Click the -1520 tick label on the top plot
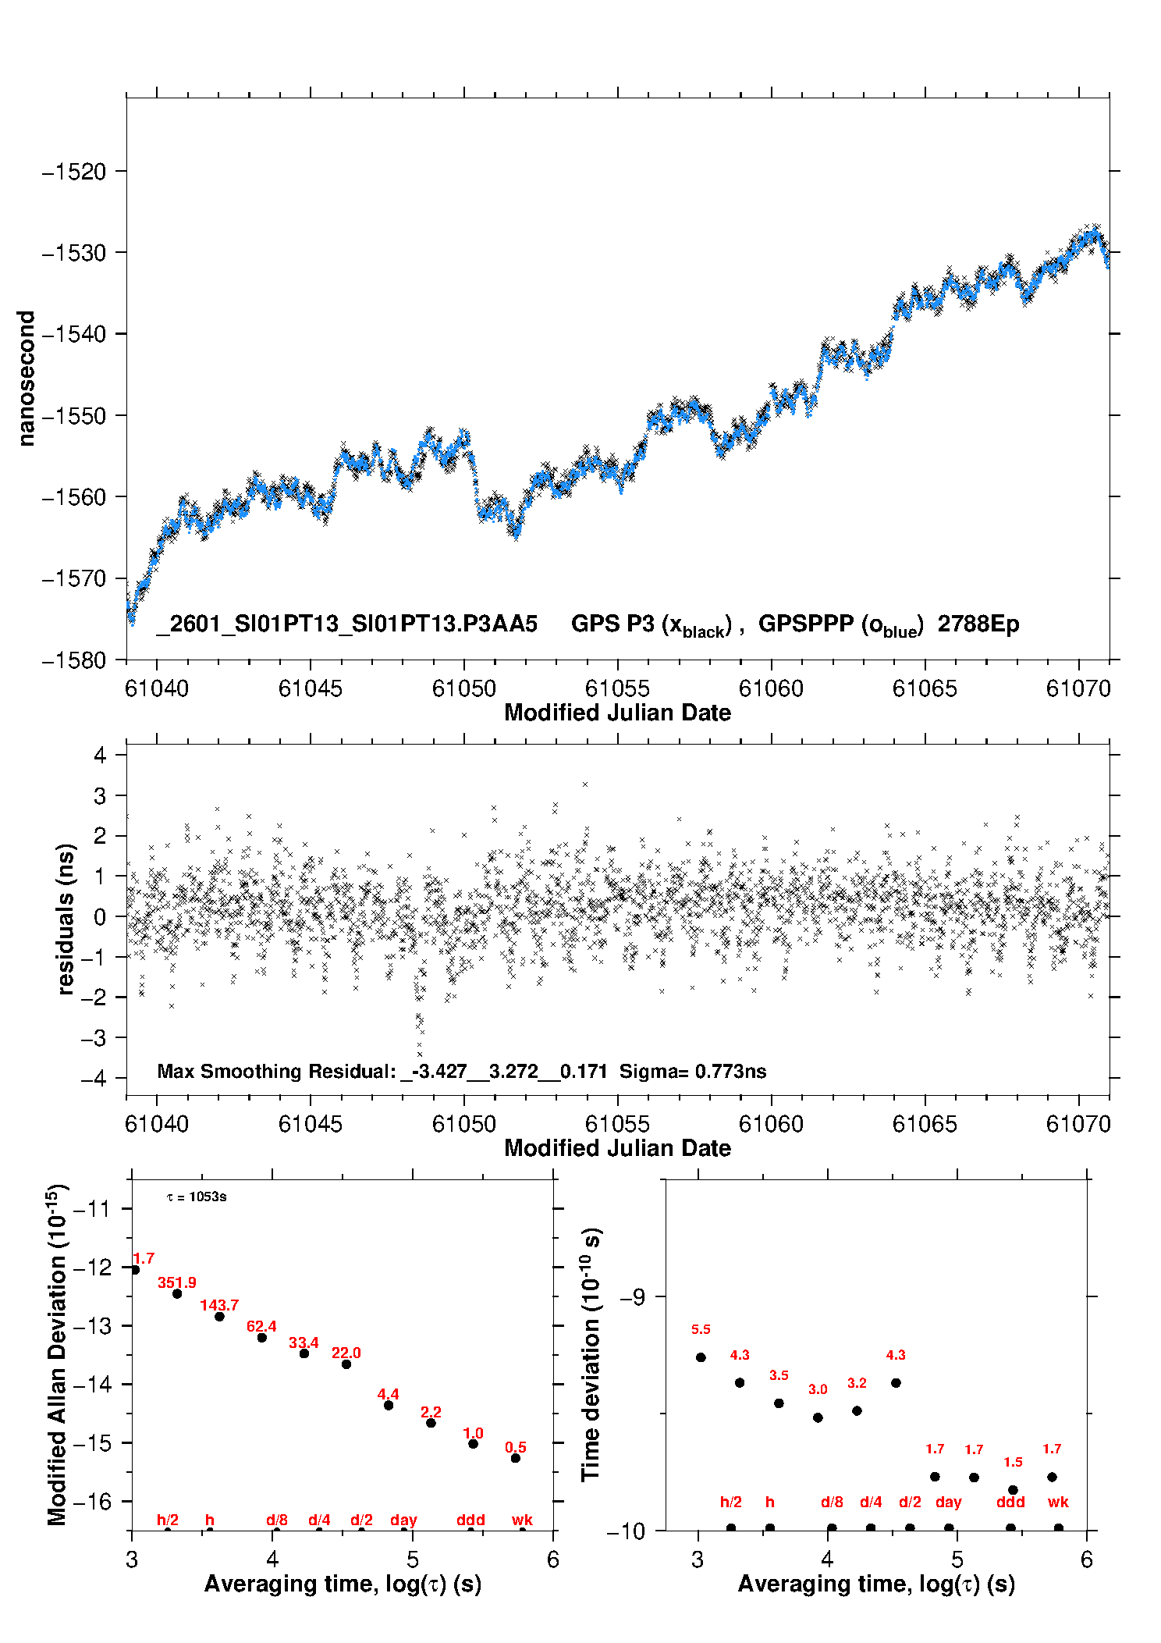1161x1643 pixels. pyautogui.click(x=74, y=172)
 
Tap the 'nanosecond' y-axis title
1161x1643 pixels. pyautogui.click(x=27, y=379)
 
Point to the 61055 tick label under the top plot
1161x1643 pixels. pyautogui.click(x=617, y=688)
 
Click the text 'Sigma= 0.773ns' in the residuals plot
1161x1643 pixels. pyautogui.click(x=693, y=1071)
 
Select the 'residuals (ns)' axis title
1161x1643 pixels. pyautogui.click(x=66, y=919)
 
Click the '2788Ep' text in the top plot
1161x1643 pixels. pyautogui.click(x=978, y=624)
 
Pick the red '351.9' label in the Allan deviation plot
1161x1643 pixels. pyautogui.click(x=177, y=1282)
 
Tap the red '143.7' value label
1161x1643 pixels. pyautogui.click(x=219, y=1305)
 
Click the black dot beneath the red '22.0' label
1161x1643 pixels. pyautogui.click(x=346, y=1364)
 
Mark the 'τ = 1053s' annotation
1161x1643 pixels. pyautogui.click(x=197, y=1197)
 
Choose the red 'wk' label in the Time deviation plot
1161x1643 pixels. pyautogui.click(x=1058, y=1502)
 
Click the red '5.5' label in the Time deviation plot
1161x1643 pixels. pyautogui.click(x=701, y=1329)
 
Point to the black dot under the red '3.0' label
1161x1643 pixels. pyautogui.click(x=818, y=1417)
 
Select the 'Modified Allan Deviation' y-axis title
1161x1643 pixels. pyautogui.click(x=57, y=1354)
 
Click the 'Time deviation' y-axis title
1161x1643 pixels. pyautogui.click(x=591, y=1354)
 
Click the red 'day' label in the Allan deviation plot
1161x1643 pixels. pyautogui.click(x=403, y=1520)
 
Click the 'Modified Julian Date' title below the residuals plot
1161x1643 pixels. pyautogui.click(x=617, y=1148)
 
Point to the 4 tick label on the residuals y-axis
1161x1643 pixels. pyautogui.click(x=100, y=755)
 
